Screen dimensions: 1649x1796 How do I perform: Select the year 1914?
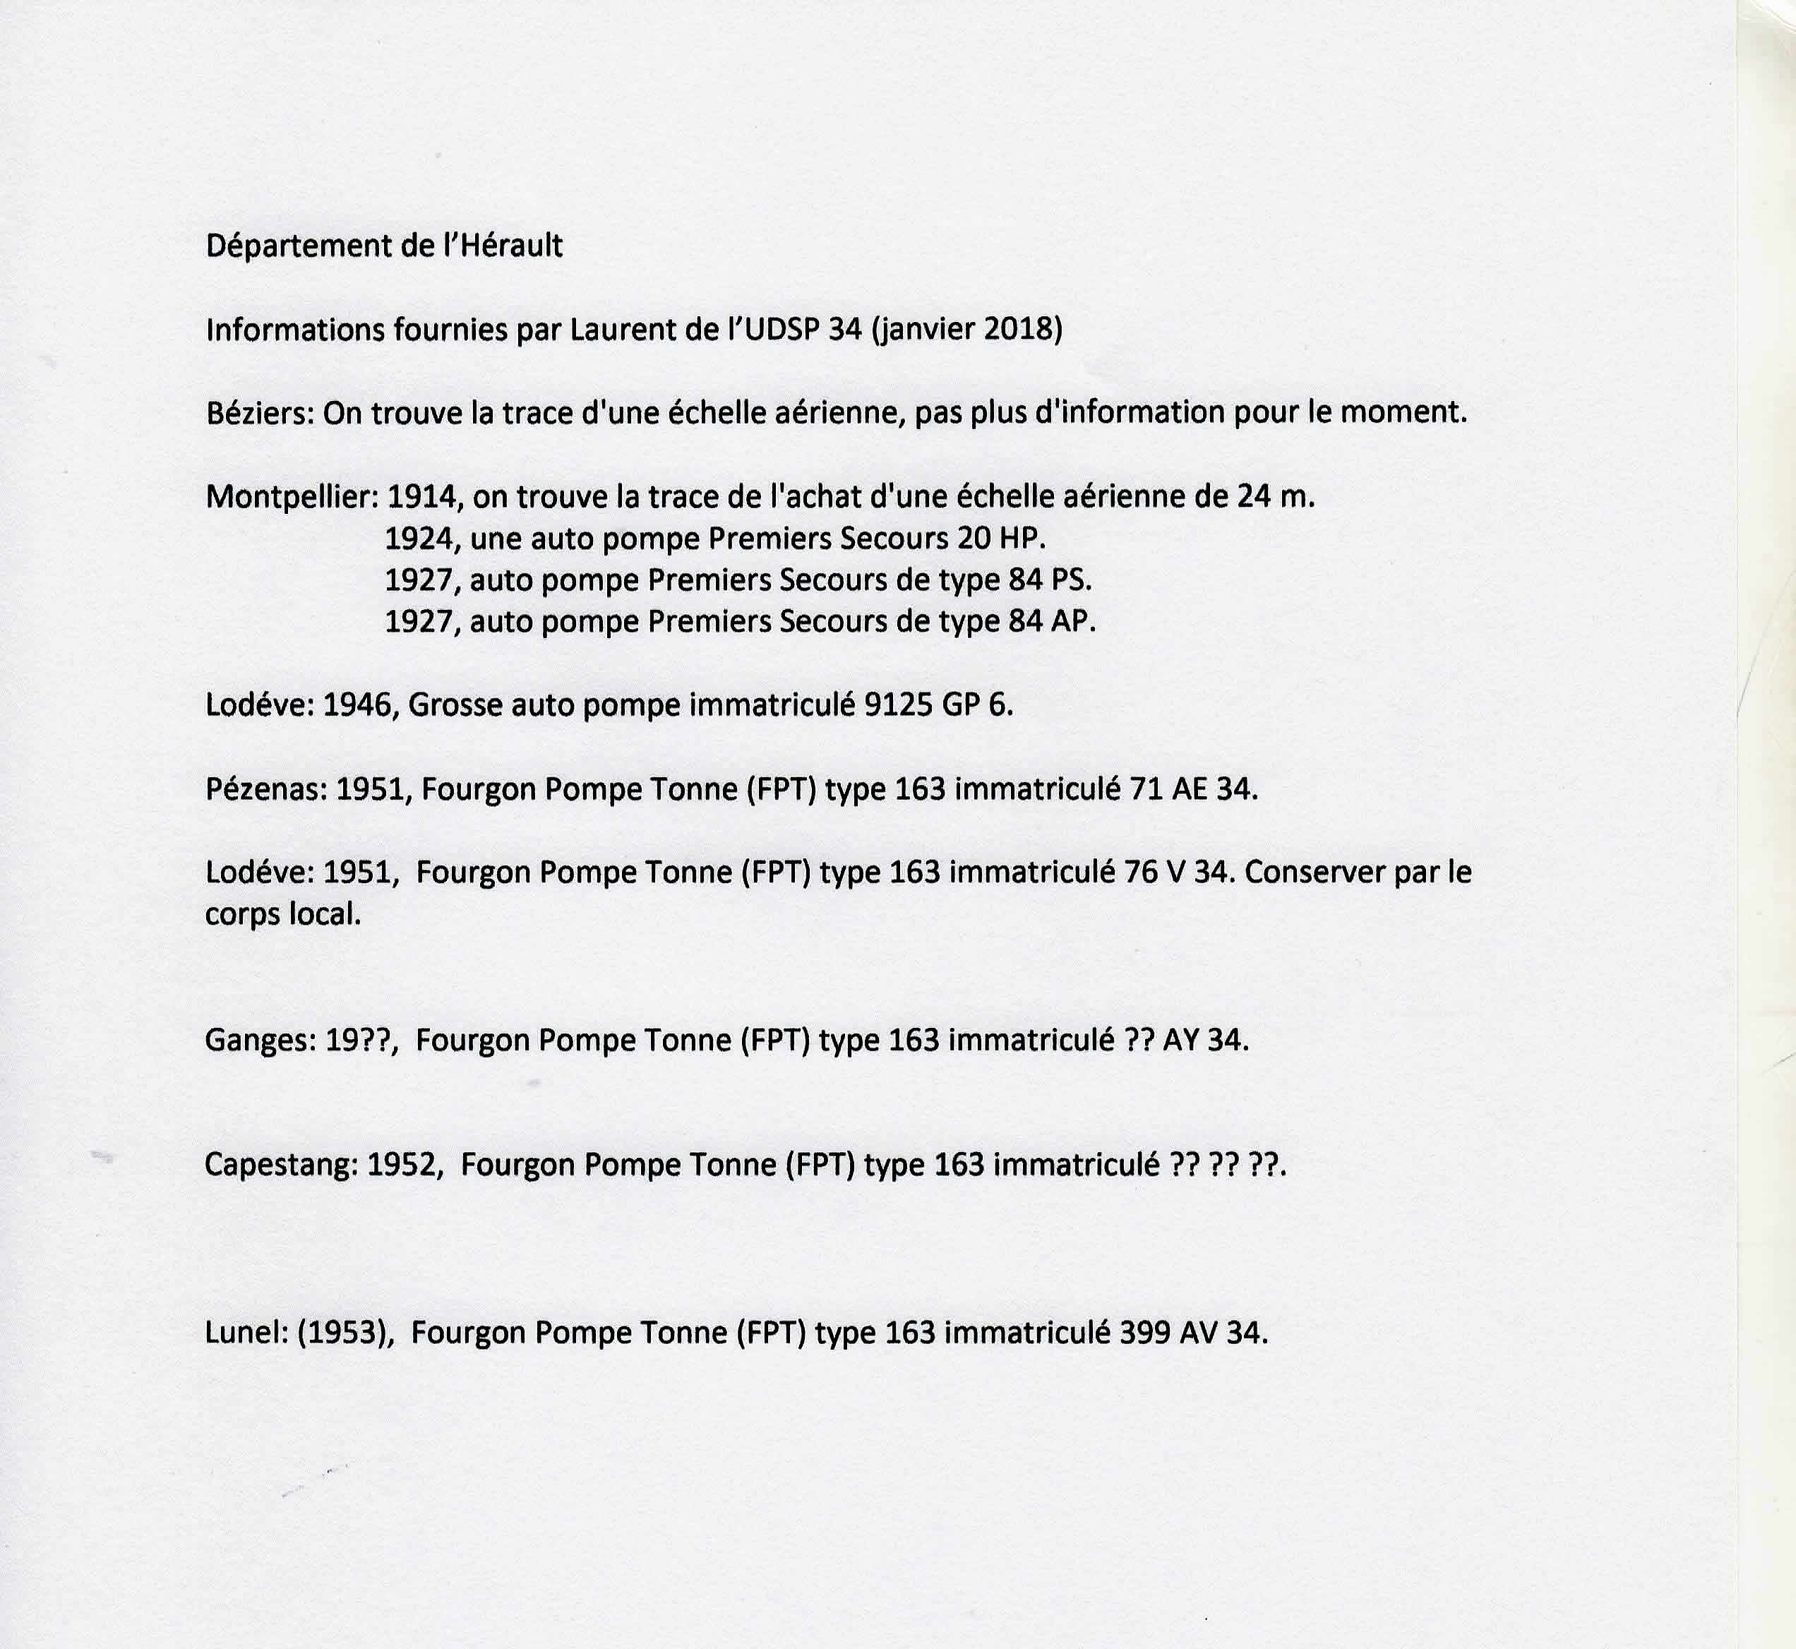[424, 497]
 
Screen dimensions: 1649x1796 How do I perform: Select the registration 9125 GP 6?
[939, 706]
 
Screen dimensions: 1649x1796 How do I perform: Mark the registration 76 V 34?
[1180, 873]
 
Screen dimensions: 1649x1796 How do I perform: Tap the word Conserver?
[1315, 873]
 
